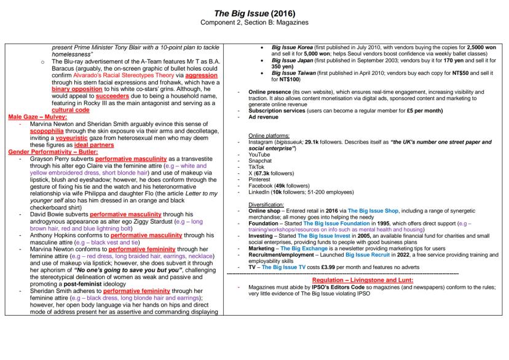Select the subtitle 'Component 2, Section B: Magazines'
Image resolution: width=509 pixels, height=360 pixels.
coord(254,23)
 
